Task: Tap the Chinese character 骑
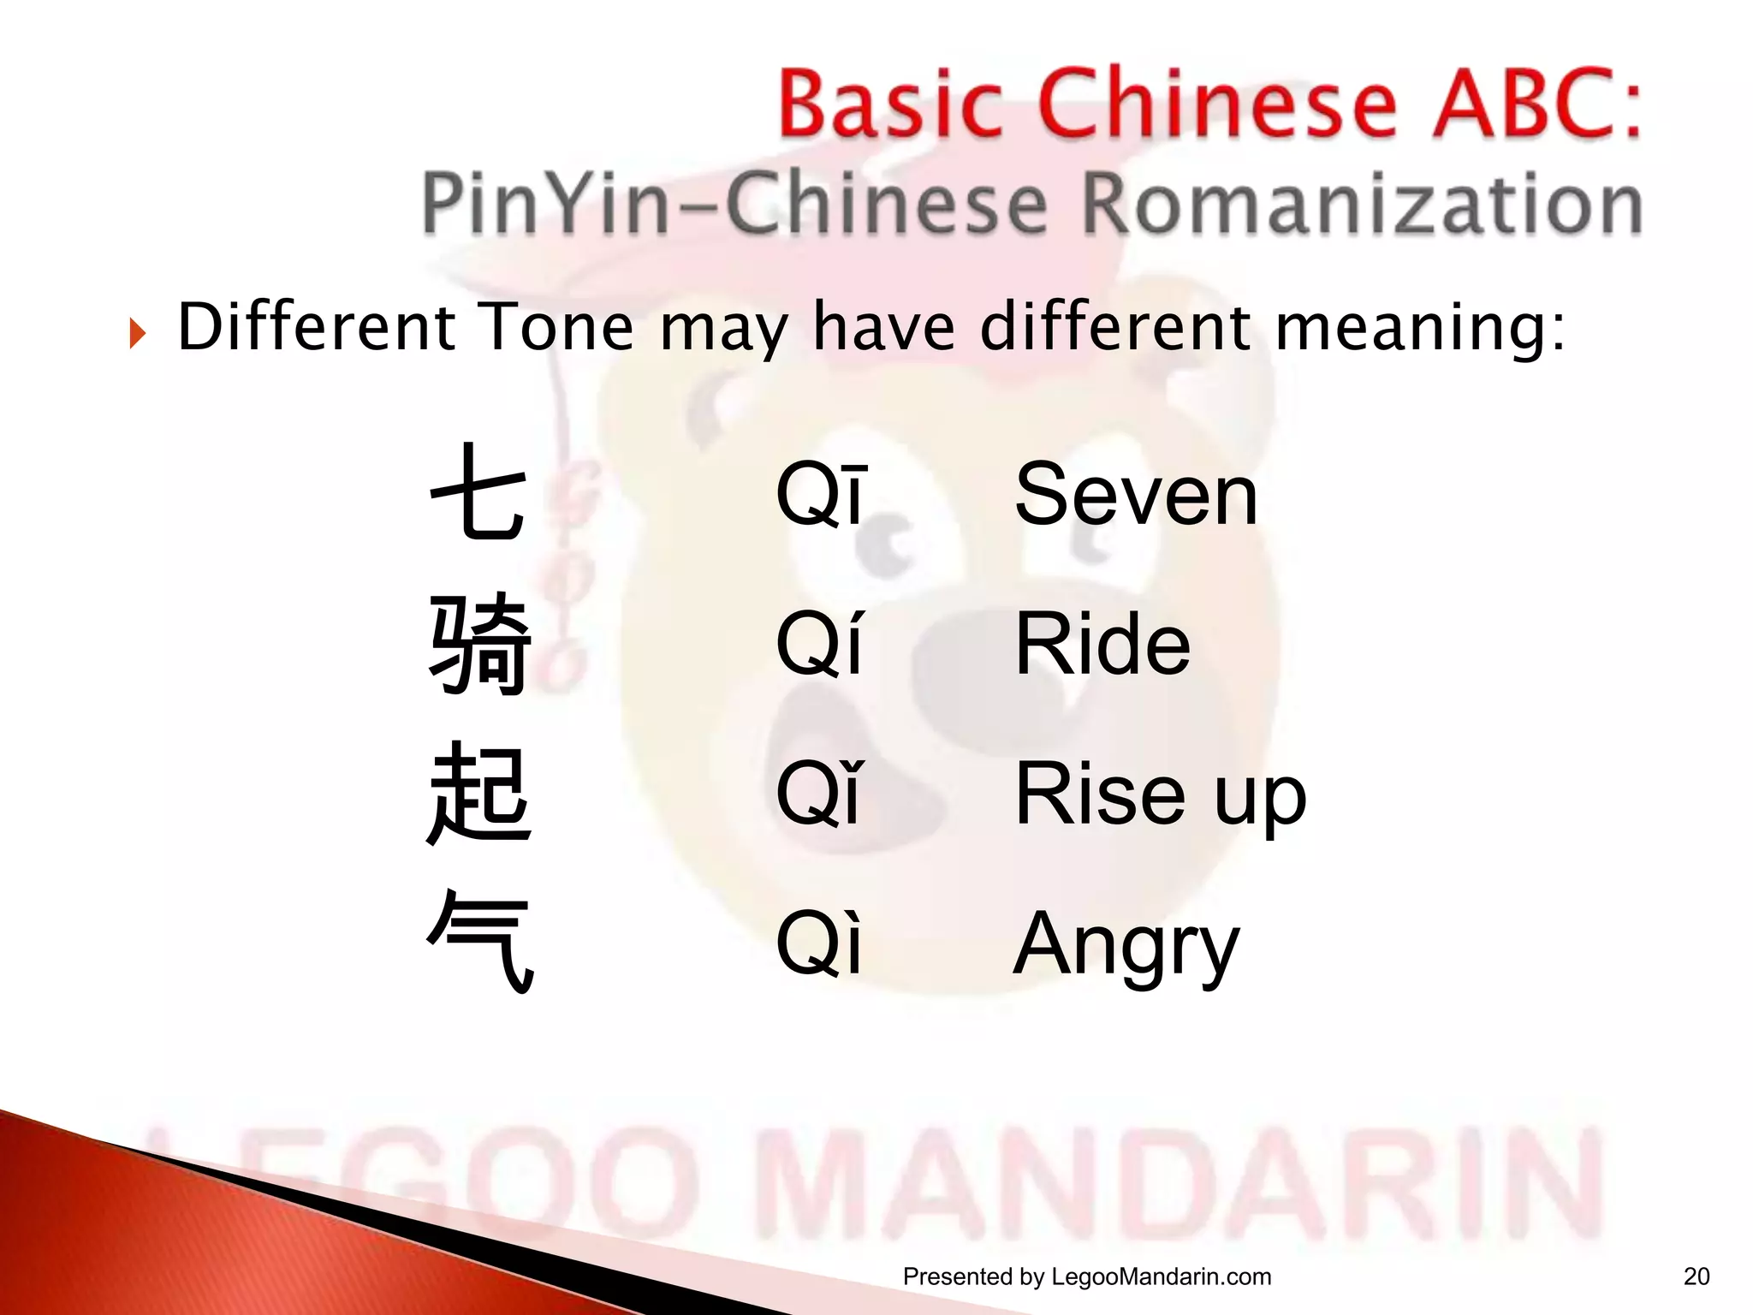click(x=479, y=643)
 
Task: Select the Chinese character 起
click(x=479, y=794)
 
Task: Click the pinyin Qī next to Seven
click(x=821, y=495)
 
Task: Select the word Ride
click(x=1102, y=644)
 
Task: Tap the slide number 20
click(x=1696, y=1276)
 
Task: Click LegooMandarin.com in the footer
click(x=1161, y=1276)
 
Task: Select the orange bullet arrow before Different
click(x=137, y=332)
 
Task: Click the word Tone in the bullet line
click(x=557, y=327)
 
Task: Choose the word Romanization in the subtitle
click(x=1361, y=204)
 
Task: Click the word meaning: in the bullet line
click(x=1421, y=329)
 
